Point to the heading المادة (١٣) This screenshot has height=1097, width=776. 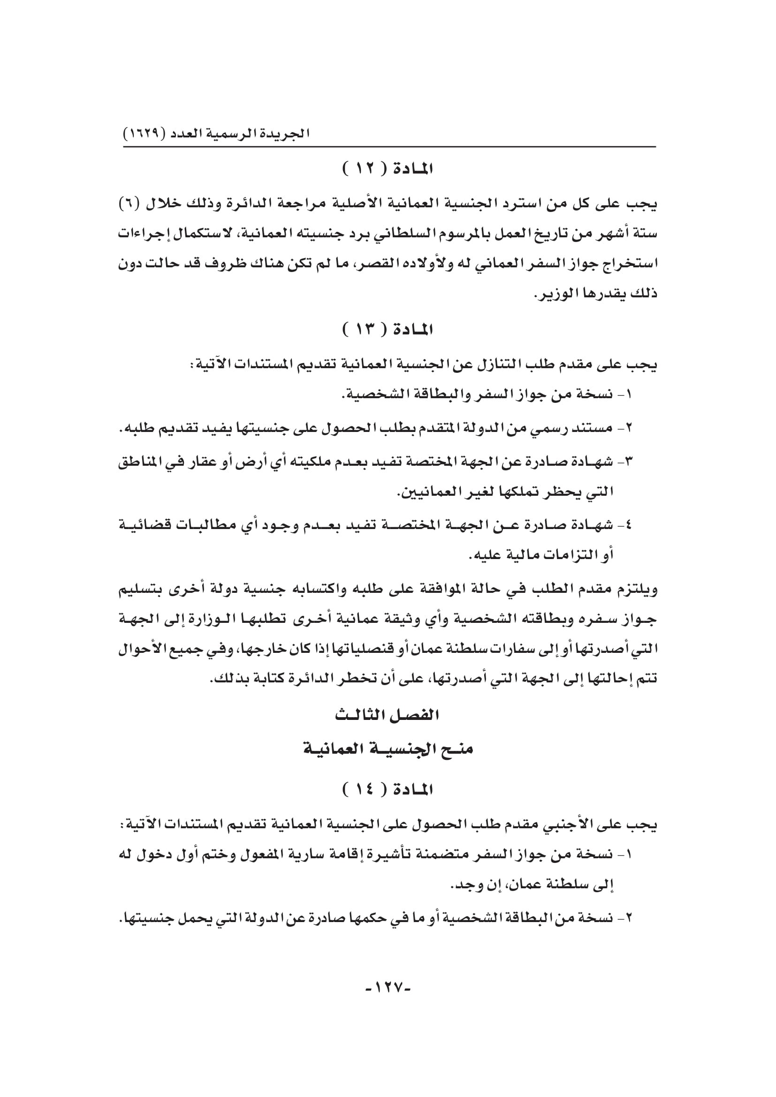click(388, 330)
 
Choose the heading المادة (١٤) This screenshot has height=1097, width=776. click(388, 790)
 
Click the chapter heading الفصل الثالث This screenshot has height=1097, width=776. click(387, 715)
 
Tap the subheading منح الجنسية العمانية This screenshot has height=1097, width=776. click(388, 749)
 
